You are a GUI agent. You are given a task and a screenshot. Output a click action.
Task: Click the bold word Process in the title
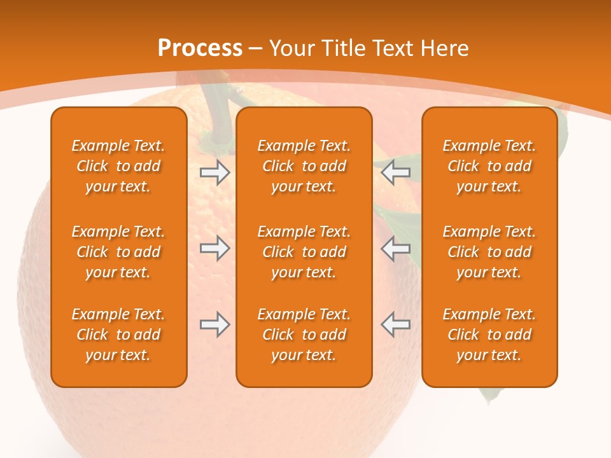click(x=200, y=48)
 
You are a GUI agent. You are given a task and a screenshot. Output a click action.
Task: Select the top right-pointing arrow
click(x=214, y=172)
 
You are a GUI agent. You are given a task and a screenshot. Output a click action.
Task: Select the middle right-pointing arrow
click(x=214, y=248)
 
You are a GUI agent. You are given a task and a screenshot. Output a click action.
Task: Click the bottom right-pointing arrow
click(x=214, y=324)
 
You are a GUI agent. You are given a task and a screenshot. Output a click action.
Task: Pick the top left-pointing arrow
click(x=396, y=172)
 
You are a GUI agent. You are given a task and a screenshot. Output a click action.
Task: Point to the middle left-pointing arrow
click(x=396, y=248)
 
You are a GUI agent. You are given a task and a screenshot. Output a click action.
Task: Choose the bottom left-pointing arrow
click(x=396, y=324)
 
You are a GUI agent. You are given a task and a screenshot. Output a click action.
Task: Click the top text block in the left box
click(x=118, y=166)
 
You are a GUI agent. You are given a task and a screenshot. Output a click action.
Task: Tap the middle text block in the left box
click(x=118, y=252)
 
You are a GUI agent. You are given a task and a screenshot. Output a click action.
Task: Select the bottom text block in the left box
click(x=118, y=335)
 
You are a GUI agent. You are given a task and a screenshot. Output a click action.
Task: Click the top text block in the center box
click(x=304, y=166)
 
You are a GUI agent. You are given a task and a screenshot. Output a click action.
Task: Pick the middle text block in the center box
click(x=304, y=252)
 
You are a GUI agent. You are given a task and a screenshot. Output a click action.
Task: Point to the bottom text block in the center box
click(x=304, y=335)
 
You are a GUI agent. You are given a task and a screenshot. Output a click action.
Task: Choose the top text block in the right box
click(x=489, y=166)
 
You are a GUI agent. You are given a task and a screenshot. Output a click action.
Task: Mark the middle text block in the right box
click(x=489, y=252)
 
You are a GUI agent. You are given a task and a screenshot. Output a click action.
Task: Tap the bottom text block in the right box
click(x=489, y=335)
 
